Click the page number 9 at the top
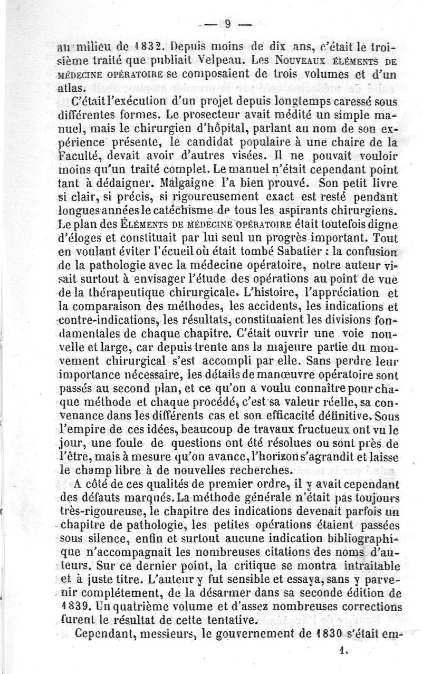tap(228, 24)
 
